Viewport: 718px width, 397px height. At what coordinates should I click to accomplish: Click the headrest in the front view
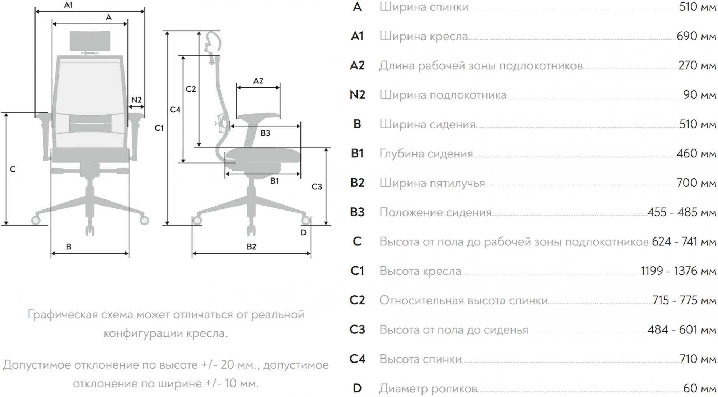click(90, 41)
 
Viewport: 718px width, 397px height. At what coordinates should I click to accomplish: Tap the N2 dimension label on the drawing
click(136, 100)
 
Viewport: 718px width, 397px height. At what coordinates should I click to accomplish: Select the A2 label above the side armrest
click(258, 81)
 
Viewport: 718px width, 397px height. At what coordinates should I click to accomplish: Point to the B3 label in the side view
click(265, 133)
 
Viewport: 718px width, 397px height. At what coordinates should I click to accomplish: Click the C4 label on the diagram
click(175, 110)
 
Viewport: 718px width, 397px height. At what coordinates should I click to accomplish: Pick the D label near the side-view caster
click(303, 233)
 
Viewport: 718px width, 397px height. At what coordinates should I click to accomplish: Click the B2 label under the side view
click(251, 247)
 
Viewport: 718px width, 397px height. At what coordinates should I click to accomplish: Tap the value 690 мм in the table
click(696, 36)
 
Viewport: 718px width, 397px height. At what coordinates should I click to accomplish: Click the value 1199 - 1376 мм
click(678, 271)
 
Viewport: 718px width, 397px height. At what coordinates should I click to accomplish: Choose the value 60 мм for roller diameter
click(699, 388)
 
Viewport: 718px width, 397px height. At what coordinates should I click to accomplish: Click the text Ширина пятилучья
click(432, 183)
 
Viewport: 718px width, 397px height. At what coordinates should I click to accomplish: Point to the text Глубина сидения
click(426, 154)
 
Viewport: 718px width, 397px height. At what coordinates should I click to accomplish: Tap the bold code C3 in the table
click(357, 329)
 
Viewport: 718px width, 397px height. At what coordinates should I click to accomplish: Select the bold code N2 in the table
click(357, 95)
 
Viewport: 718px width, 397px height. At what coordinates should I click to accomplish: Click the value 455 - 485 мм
click(682, 212)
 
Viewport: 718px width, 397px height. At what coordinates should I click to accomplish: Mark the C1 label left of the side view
click(159, 128)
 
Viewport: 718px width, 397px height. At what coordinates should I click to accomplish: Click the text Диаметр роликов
click(428, 389)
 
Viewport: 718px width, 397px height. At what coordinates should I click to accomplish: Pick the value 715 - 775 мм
click(684, 300)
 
